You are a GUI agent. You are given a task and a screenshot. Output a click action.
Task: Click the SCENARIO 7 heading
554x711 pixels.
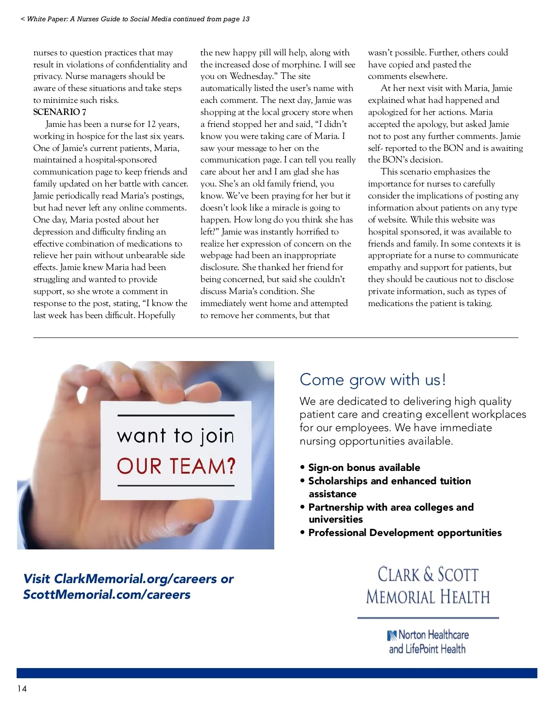60,112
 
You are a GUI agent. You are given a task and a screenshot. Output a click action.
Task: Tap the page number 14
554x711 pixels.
22,688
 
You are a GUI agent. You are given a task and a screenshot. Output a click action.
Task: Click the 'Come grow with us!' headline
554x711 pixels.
373,380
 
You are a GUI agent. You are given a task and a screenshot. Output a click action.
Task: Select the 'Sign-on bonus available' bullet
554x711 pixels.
364,468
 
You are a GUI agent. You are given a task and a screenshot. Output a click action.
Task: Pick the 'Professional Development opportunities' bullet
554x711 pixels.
404,533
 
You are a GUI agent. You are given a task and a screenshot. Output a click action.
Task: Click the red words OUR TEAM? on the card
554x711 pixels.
176,466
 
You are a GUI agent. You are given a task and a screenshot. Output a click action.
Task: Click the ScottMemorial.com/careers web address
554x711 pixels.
107,595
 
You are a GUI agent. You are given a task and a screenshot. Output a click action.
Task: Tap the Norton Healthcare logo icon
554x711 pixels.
392,636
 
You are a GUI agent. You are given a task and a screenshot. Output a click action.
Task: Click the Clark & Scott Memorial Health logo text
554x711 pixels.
428,585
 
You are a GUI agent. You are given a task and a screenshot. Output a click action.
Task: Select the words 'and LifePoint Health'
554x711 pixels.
427,649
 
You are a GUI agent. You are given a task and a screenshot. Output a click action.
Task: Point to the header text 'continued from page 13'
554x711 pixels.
215,19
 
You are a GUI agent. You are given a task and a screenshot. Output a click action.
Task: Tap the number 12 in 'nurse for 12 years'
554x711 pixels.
152,124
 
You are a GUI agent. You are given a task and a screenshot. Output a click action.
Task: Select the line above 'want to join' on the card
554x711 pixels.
176,416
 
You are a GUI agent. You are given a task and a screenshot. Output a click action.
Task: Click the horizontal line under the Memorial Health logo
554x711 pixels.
428,618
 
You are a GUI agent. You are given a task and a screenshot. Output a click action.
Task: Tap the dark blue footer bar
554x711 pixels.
277,673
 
